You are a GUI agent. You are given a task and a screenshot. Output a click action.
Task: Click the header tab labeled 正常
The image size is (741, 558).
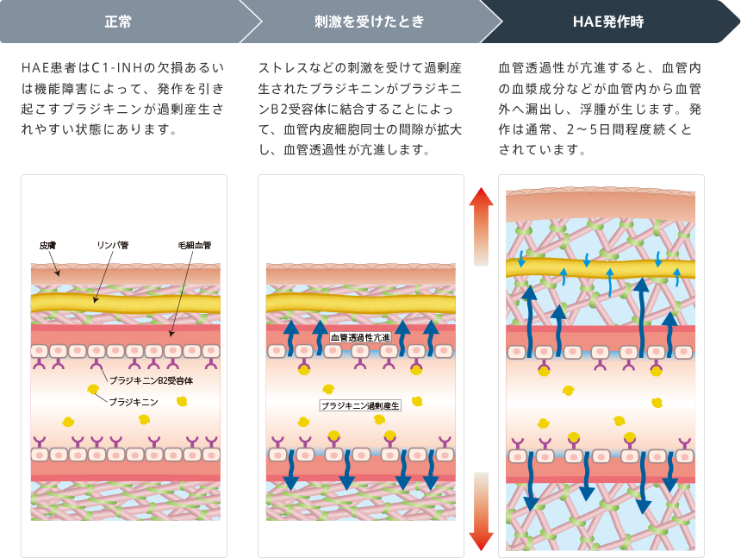point(118,22)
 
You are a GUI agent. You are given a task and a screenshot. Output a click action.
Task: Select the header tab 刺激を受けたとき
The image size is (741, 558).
point(370,22)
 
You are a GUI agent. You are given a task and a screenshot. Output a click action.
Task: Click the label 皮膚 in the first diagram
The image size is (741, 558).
point(47,246)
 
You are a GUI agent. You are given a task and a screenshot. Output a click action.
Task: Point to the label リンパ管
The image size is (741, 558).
point(112,246)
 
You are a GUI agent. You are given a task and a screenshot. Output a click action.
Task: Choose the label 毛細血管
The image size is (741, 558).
point(194,246)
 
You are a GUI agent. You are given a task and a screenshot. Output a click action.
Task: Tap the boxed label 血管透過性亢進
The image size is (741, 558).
point(360,337)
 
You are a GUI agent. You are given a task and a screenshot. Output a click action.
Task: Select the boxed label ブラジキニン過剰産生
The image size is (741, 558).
point(360,405)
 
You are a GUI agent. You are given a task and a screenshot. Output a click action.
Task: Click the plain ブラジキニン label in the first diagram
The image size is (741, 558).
point(134,401)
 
